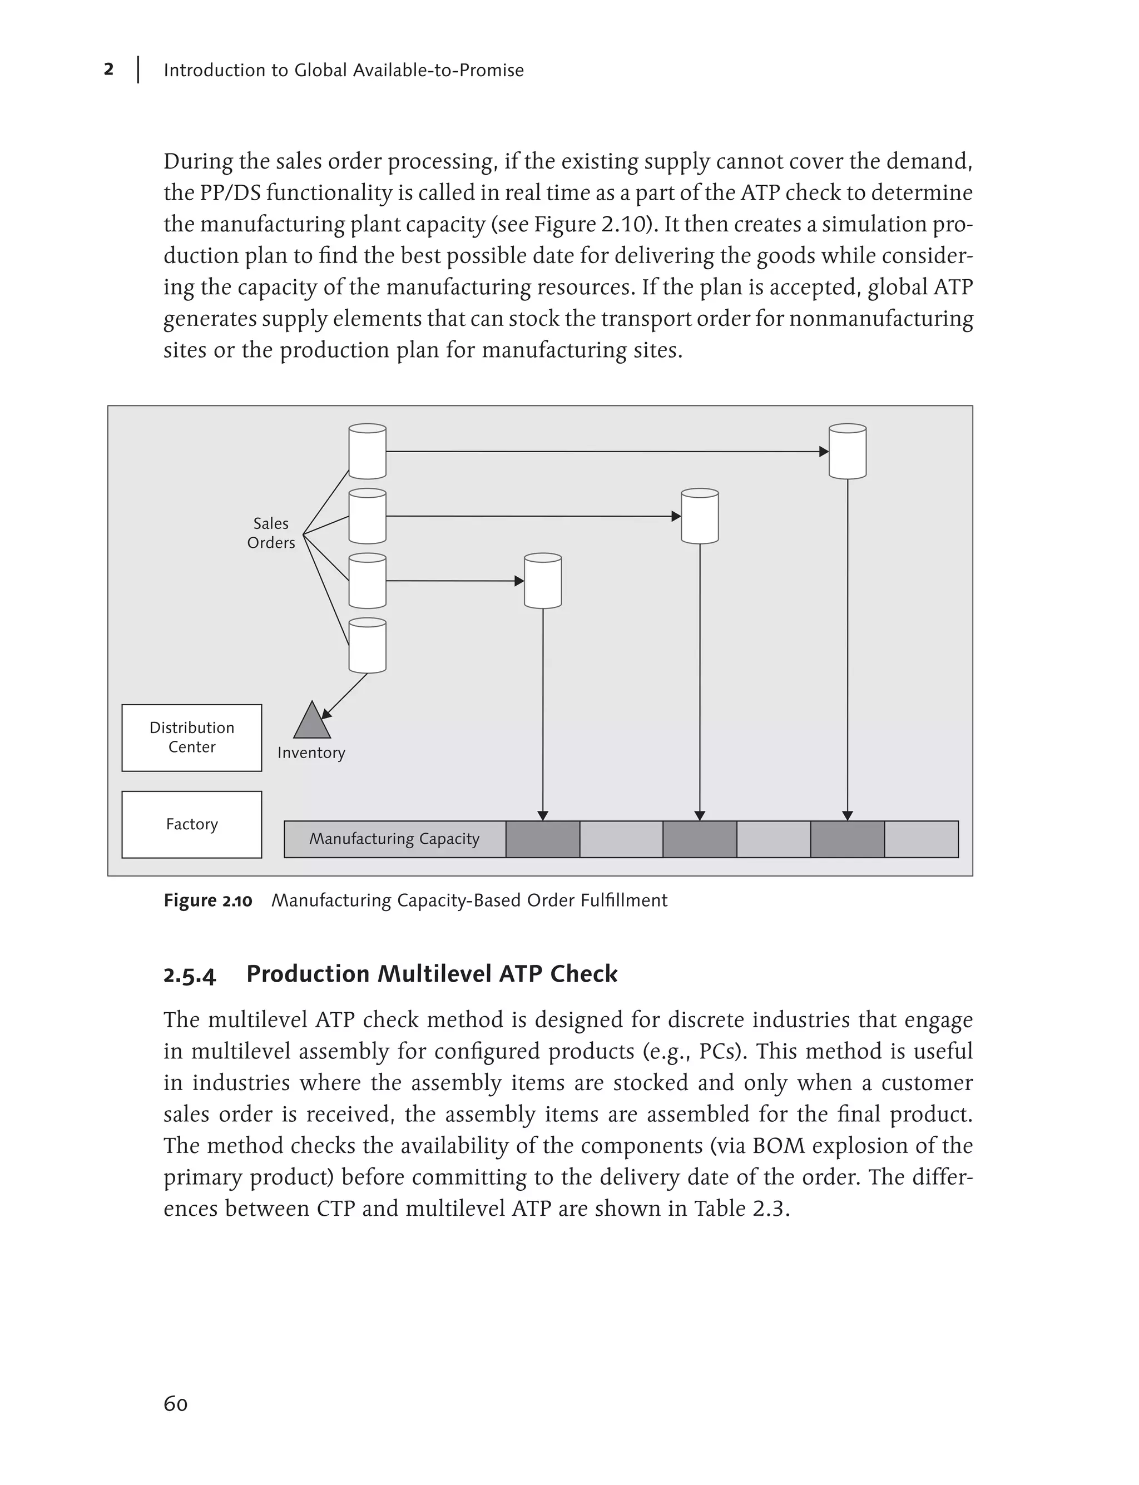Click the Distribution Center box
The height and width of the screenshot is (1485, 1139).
[192, 737]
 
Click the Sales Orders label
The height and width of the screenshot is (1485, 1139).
[271, 533]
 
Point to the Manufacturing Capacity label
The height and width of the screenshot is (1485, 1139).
[394, 839]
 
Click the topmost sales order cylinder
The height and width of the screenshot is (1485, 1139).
[368, 452]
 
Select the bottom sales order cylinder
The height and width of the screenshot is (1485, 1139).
[368, 646]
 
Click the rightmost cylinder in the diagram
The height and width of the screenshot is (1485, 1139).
[848, 452]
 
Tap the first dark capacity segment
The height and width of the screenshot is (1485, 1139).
[542, 839]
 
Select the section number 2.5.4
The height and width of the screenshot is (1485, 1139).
[190, 975]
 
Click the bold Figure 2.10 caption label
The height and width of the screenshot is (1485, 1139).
[208, 900]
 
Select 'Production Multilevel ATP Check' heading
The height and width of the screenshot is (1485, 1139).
[432, 974]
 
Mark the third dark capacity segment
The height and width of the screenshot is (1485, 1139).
[848, 839]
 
